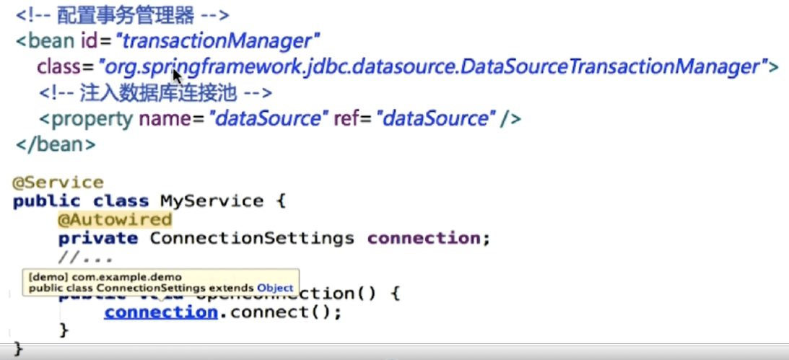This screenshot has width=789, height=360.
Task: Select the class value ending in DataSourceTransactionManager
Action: [x=433, y=67]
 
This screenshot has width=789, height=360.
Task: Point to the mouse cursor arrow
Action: [x=177, y=76]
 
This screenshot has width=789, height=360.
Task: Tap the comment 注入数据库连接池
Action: [x=156, y=93]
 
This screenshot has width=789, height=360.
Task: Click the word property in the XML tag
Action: [x=92, y=119]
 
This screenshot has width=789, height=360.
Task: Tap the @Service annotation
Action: [x=58, y=183]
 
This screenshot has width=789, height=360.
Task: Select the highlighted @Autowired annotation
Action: [x=115, y=219]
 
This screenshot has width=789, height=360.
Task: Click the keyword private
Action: [x=98, y=238]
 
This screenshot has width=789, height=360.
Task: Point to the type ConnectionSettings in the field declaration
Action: [x=252, y=238]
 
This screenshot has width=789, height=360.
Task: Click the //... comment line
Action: [x=87, y=256]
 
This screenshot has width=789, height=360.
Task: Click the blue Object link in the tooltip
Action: [x=275, y=288]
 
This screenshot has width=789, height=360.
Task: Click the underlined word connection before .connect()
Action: [x=160, y=312]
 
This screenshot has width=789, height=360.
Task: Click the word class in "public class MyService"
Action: [x=121, y=201]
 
